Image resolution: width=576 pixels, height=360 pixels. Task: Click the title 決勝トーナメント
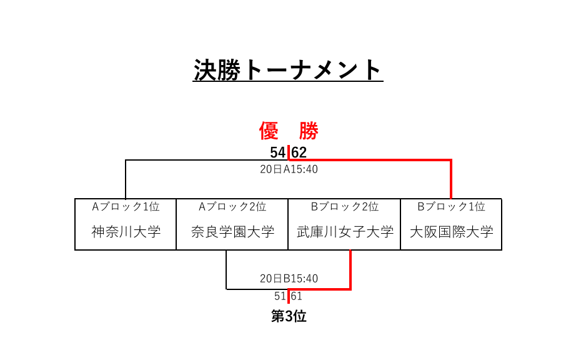pos(288,70)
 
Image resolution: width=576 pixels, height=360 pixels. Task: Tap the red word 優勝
pos(289,131)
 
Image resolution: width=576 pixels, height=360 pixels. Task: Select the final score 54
pos(278,152)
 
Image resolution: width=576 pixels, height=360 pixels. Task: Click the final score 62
pos(299,152)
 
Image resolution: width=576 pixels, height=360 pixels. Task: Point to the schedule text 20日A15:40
pos(289,169)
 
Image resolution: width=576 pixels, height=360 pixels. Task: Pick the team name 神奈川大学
pos(126,232)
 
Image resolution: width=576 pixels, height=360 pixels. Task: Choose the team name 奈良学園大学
pos(232,232)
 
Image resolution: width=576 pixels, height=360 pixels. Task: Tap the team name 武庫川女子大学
pos(345,232)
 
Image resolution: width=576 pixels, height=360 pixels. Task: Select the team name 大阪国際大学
pos(452,232)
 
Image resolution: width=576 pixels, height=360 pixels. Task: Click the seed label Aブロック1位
pos(126,207)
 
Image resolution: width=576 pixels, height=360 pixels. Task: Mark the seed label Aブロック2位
pos(232,207)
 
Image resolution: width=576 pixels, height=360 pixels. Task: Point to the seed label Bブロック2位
pos(345,207)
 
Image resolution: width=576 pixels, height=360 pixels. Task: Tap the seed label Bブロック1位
pos(452,207)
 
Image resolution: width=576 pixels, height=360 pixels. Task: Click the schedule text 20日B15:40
pos(289,279)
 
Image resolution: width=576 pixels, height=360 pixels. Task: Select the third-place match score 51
pos(280,296)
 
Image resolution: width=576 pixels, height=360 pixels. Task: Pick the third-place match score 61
pos(297,296)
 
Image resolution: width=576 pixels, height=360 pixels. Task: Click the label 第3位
pos(289,316)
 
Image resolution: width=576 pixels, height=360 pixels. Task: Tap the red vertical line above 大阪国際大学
pos(451,179)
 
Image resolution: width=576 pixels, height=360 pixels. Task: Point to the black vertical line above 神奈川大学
pos(126,179)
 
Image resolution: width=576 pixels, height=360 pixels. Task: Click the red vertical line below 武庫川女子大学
pos(350,270)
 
